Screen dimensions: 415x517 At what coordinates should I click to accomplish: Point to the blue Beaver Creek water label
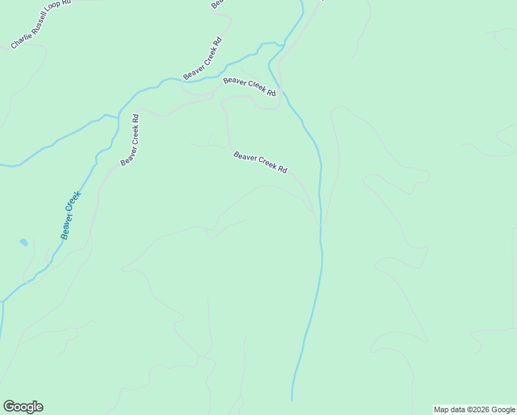tap(70, 215)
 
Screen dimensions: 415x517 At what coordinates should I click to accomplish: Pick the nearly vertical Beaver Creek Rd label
tap(130, 140)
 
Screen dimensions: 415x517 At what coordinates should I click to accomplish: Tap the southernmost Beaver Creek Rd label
tap(261, 163)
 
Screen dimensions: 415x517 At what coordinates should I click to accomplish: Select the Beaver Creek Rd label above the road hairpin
tap(250, 87)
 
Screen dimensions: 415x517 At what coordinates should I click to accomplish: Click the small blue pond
tap(23, 243)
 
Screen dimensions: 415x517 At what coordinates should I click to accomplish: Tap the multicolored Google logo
tap(23, 407)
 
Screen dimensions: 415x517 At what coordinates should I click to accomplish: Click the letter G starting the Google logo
tap(9, 406)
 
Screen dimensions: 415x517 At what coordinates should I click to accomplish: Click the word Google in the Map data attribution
tap(504, 409)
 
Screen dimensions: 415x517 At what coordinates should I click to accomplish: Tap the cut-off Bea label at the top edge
tap(217, 4)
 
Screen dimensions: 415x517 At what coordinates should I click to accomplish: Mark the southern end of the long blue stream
tap(292, 399)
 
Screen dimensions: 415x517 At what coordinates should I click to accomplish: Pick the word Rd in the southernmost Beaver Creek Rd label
tap(283, 169)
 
